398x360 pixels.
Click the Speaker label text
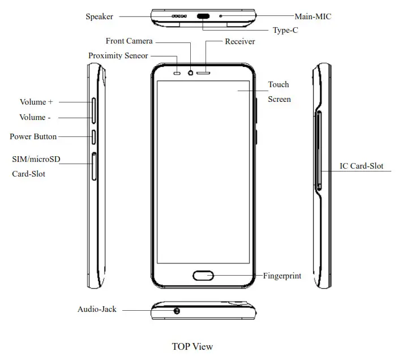pos(99,16)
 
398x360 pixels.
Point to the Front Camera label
pos(129,41)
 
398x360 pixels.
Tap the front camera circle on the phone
pos(191,72)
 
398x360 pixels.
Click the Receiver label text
pos(239,41)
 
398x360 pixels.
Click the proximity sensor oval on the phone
pos(178,72)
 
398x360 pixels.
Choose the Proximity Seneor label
pos(118,55)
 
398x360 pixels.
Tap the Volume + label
pos(36,102)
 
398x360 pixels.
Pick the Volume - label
pos(32,117)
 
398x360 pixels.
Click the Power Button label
pos(33,136)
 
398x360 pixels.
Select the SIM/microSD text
pos(36,160)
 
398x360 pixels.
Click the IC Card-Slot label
pos(361,166)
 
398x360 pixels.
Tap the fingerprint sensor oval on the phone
pos(203,276)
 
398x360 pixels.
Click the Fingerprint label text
pos(282,276)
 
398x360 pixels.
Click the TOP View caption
pos(192,346)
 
